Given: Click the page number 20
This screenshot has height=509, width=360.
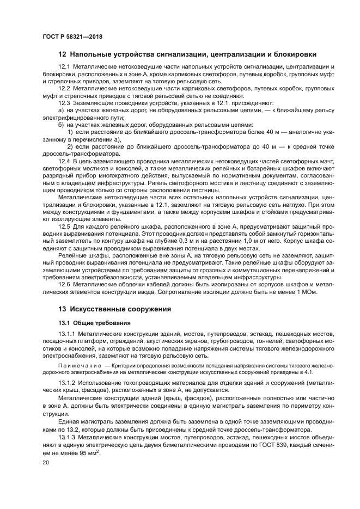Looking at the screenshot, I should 46,462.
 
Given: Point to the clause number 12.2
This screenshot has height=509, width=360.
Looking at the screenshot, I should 64,88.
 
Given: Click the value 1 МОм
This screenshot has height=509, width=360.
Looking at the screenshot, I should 307,292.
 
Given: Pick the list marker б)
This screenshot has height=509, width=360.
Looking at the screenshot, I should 62,124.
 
